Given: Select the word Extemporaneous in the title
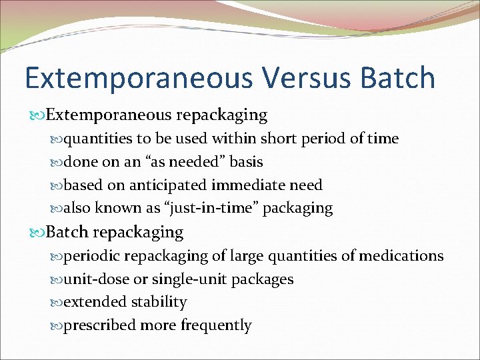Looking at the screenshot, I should pos(137,77).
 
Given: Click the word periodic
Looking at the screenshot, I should pos(91,256).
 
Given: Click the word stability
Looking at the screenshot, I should pos(159,302).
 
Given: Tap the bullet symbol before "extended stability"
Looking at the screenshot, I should pos(57,303).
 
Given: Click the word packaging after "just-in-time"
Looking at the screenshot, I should pos(298,208).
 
